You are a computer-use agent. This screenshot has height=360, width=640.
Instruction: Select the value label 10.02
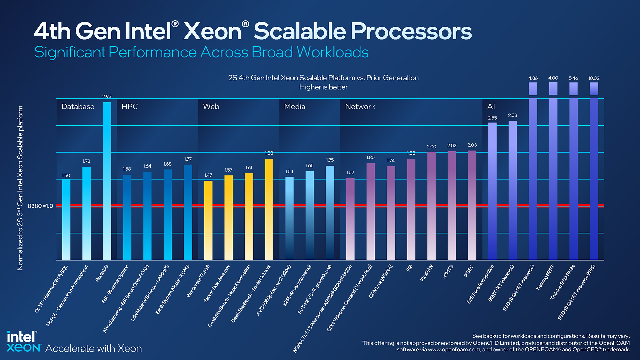[x=594, y=78]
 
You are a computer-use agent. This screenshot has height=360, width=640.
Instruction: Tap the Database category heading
[x=78, y=107]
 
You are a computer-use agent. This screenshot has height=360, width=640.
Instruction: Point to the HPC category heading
[x=130, y=107]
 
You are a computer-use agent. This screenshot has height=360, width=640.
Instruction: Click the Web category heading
[x=211, y=107]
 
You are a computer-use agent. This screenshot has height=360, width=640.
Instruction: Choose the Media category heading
[x=295, y=107]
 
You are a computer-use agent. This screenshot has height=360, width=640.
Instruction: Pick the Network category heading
[x=360, y=107]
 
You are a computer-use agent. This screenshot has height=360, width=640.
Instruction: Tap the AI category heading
[x=491, y=107]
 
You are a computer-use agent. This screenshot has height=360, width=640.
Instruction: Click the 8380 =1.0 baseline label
[x=40, y=206]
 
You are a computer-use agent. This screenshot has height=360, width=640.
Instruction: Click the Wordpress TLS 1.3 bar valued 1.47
[x=208, y=220]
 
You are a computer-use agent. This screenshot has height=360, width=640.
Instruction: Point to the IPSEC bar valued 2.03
[x=472, y=205]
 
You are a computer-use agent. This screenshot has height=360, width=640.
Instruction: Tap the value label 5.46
[x=573, y=78]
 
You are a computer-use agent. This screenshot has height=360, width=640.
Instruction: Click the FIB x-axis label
[x=409, y=268]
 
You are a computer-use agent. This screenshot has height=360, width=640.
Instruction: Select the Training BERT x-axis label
[x=545, y=277]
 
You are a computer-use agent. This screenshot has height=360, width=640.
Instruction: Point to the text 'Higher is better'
[x=323, y=87]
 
